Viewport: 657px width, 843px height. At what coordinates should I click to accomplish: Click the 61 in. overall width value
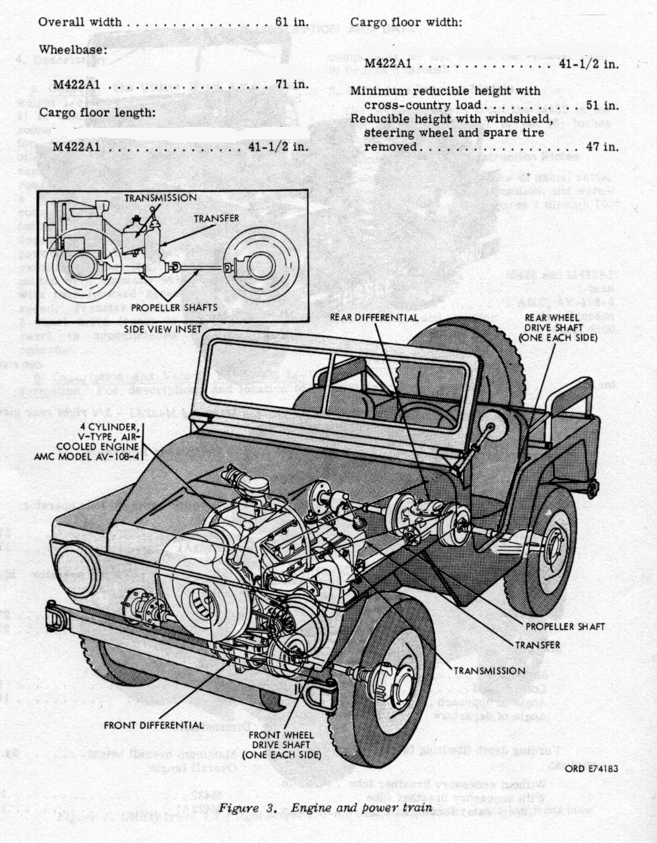(292, 22)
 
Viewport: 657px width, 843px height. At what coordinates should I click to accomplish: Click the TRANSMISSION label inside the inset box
(160, 198)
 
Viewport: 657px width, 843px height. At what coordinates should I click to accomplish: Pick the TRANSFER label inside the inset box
(216, 219)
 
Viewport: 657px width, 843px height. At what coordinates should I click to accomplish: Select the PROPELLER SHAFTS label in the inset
(174, 307)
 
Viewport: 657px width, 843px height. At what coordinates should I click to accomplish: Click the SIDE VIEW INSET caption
(162, 329)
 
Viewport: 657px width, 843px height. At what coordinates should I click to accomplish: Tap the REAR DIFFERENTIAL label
(374, 317)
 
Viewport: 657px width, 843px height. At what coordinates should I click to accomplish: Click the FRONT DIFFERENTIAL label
(154, 725)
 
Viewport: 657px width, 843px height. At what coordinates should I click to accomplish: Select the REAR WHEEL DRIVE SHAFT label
(558, 328)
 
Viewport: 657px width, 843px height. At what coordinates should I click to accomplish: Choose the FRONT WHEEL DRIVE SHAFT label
(282, 745)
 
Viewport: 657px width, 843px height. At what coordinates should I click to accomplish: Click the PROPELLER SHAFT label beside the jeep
(565, 626)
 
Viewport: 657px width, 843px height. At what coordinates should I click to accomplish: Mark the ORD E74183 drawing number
(591, 768)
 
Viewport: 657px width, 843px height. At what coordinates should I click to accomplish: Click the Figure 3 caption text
(325, 808)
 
